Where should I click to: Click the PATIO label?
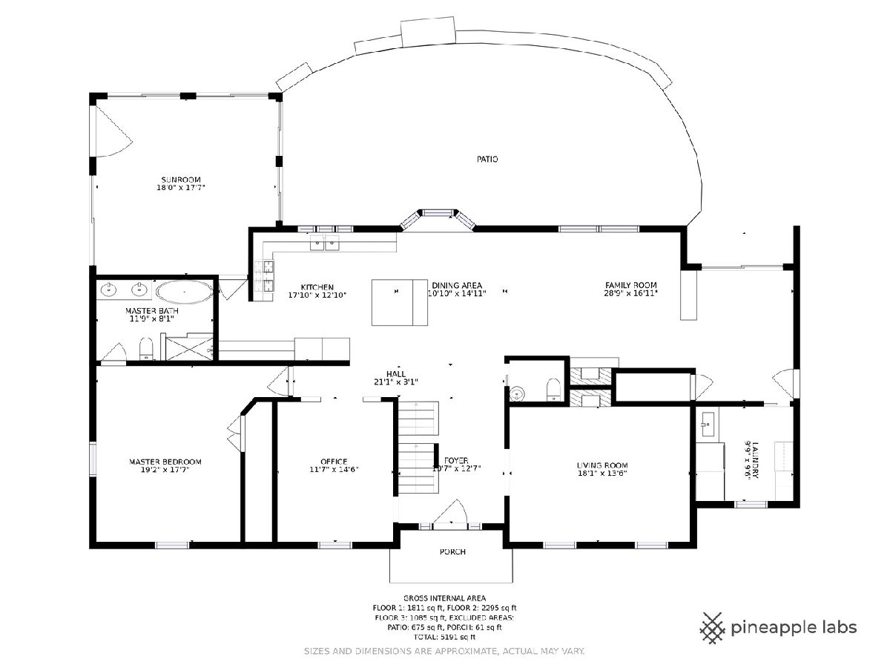[x=487, y=160]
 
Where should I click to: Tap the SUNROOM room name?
[x=181, y=180]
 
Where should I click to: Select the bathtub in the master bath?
[x=185, y=292]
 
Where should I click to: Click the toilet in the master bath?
[x=146, y=349]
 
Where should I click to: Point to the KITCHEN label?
[x=317, y=287]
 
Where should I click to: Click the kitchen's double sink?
[x=324, y=243]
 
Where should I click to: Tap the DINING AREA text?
[x=457, y=286]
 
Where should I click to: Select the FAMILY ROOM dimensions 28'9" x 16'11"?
[x=630, y=293]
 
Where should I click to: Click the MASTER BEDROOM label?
[x=165, y=462]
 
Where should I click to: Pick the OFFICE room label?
[x=334, y=462]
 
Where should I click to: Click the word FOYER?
[x=456, y=460]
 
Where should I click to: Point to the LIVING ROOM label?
[x=602, y=465]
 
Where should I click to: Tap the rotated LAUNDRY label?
[x=754, y=460]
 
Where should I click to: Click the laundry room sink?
[x=707, y=425]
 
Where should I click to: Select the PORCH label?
[x=452, y=552]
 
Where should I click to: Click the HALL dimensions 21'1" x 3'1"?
[x=396, y=382]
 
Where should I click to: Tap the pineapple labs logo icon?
[x=713, y=628]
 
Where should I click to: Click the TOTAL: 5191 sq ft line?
[x=444, y=637]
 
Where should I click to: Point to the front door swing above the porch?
[x=451, y=512]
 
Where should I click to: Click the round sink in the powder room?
[x=517, y=393]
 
